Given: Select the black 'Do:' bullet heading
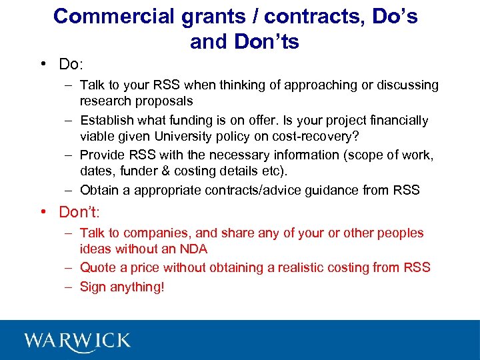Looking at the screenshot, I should [70, 64].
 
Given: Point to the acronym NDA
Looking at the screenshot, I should [194, 249].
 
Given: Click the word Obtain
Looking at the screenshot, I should [97, 190].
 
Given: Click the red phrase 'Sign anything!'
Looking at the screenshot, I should [121, 287].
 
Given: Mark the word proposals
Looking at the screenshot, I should [164, 101].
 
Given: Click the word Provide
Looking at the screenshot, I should [101, 155].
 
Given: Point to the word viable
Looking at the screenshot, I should [97, 137].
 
